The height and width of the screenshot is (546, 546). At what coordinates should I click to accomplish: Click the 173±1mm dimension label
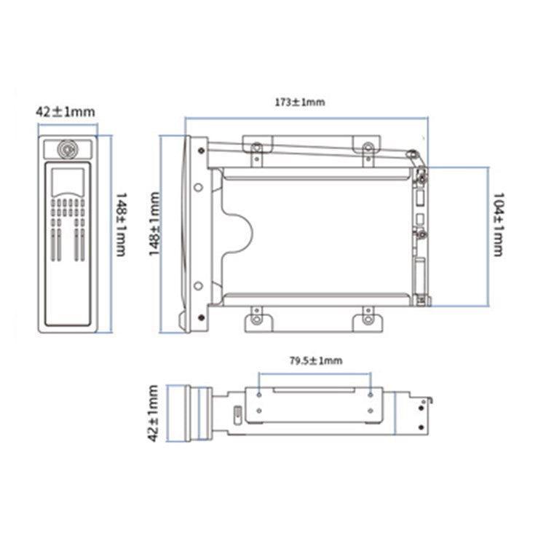299,102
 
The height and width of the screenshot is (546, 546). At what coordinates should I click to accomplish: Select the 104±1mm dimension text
498,223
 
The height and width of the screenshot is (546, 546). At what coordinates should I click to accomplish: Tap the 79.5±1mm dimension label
316,360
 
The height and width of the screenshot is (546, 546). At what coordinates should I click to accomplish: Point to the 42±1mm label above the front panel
66,111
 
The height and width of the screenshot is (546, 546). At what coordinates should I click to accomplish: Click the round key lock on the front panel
66,150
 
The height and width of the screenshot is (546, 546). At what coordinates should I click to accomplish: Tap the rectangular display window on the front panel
66,180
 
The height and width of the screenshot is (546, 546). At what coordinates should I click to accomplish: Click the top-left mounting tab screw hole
256,147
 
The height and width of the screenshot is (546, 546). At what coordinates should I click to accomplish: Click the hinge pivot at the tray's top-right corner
411,154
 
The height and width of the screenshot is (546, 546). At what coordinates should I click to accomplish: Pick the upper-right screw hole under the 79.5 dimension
371,394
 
